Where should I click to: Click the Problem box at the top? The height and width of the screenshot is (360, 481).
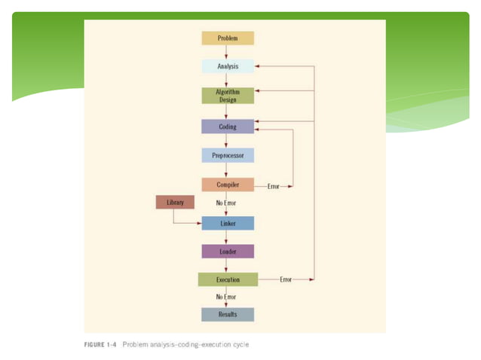coord(227,38)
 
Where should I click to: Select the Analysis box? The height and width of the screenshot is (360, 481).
coord(227,66)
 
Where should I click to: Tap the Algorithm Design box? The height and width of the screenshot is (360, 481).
coord(227,96)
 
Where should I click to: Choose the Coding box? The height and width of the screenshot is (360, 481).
coord(227,127)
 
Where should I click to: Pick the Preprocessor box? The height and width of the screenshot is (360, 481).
coord(227,155)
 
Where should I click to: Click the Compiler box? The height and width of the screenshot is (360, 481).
coord(227,185)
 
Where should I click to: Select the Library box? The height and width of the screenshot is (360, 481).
coord(175,202)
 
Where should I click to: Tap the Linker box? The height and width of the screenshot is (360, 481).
coord(227,223)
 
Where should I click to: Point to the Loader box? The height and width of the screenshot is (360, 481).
coord(227,252)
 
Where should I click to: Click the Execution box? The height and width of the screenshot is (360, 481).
coord(227,279)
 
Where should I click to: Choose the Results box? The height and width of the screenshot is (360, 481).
coord(227,314)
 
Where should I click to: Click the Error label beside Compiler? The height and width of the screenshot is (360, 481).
coord(273,185)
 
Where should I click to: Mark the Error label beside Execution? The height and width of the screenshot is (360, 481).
coord(286,279)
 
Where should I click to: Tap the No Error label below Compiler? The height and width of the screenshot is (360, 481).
coord(226,203)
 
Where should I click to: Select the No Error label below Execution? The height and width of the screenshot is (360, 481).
coord(226,297)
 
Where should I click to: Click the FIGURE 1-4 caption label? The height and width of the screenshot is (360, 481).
coord(100,345)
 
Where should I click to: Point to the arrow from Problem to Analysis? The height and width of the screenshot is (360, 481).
coord(227,52)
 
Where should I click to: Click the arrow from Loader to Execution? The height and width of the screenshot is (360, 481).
coord(227,265)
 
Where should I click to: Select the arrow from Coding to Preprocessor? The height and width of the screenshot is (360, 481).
coord(227,141)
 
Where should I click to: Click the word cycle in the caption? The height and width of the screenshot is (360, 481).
coord(240,345)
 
